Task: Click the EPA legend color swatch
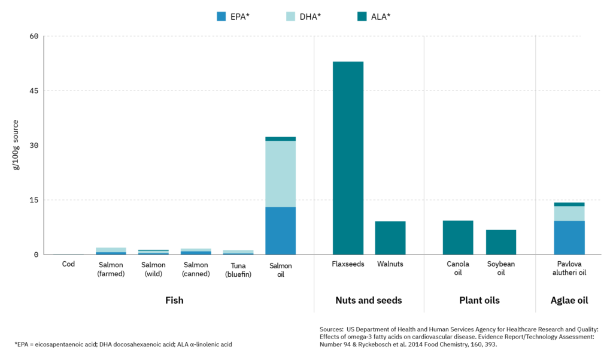coord(221,17)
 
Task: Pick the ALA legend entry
coord(374,17)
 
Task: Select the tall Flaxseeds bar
coord(348,158)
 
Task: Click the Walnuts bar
coord(390,238)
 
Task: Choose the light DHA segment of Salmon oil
coord(280,174)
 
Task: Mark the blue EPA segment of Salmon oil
coord(280,231)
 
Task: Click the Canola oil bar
coord(458,237)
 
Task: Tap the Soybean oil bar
coord(500,242)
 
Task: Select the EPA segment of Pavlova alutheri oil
coord(569,237)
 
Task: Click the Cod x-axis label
coord(68,264)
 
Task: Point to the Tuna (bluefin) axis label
coord(238,269)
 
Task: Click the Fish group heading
coord(174,300)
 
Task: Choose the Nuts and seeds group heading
coord(369,300)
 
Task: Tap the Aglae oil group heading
coord(569,300)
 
